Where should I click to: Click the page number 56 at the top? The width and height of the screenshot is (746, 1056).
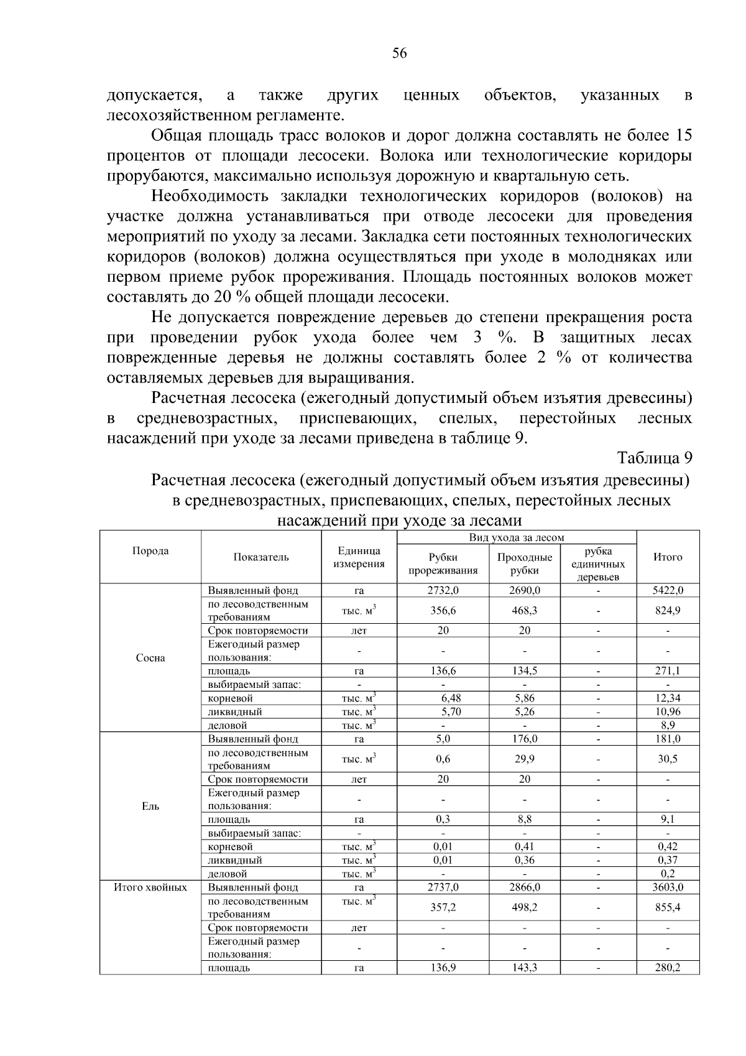[x=399, y=53]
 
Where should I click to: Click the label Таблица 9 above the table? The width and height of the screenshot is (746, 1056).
[x=654, y=458]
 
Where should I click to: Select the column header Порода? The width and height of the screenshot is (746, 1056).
[x=150, y=551]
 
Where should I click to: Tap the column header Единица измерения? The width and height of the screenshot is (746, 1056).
[x=359, y=557]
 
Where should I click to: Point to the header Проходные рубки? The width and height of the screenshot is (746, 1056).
[x=525, y=563]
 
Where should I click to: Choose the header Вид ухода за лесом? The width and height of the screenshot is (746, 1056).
[x=517, y=537]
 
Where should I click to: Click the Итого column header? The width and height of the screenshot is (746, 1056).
[x=668, y=557]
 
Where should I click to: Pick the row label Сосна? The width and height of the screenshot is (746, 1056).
[x=150, y=658]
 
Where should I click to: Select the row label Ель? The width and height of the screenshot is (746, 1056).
[x=150, y=806]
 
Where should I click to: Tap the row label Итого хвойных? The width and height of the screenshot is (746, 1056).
[x=150, y=887]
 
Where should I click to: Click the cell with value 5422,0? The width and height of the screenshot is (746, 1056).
[x=668, y=590]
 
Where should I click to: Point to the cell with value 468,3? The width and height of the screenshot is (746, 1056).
[x=525, y=611]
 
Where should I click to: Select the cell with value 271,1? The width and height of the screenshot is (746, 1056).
[x=668, y=671]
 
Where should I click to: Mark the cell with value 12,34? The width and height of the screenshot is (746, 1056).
[x=668, y=698]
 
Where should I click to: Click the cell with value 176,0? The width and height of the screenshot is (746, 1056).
[x=525, y=739]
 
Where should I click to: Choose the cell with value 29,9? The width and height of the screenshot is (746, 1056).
[x=525, y=759]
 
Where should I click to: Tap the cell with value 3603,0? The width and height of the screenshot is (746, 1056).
[x=668, y=887]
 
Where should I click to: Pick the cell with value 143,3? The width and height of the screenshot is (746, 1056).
[x=525, y=968]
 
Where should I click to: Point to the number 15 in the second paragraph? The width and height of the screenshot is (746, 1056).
[x=683, y=136]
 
